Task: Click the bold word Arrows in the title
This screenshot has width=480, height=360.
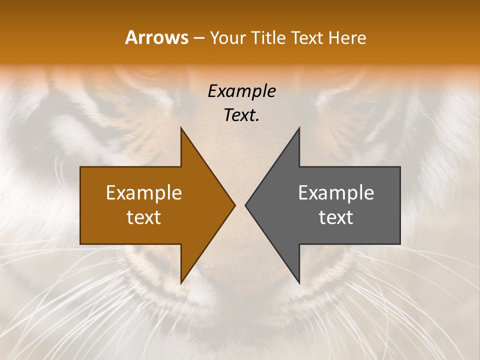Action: pos(156,37)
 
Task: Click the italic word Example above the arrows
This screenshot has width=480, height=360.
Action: pos(241,91)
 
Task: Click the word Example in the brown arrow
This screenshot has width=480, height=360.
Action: pos(144,192)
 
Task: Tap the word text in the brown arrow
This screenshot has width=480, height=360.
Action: pos(144,217)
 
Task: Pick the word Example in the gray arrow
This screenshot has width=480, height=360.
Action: pos(336,192)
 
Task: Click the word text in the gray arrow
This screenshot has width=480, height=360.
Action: pos(336,217)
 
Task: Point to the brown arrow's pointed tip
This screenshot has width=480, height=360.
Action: pos(234,205)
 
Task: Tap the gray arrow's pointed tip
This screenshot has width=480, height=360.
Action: pos(245,205)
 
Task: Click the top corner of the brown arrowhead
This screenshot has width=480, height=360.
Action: pos(181,128)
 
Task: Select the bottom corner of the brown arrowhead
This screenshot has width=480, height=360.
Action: pos(181,282)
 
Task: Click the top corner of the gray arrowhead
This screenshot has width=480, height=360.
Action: pos(299,128)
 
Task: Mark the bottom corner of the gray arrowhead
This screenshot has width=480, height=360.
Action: pos(299,282)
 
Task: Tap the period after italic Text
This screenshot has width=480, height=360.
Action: pos(257,120)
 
